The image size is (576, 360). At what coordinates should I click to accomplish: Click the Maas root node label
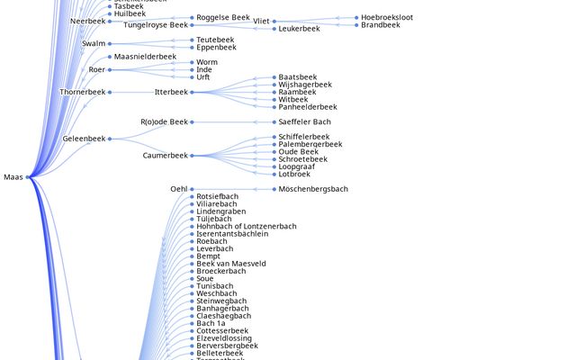(13, 177)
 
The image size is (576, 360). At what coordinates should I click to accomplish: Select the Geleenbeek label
(84, 139)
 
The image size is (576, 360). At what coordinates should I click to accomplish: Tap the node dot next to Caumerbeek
(192, 156)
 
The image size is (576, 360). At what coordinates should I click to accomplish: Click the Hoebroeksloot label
(386, 17)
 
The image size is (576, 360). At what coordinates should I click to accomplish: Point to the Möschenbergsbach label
(313, 189)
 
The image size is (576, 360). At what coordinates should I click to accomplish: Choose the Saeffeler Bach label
(304, 121)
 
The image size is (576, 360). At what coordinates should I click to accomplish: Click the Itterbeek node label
(171, 92)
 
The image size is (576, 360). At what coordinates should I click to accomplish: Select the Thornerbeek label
(83, 92)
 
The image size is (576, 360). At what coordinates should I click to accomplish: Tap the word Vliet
(261, 21)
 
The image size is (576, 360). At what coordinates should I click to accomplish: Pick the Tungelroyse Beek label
(156, 25)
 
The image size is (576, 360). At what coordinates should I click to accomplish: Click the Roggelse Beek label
(223, 17)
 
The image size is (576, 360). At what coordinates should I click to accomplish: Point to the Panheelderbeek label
(308, 107)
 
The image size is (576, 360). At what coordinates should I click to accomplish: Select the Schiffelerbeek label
(304, 137)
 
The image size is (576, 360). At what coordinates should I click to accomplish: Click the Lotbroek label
(294, 174)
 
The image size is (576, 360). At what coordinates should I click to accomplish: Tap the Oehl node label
(178, 189)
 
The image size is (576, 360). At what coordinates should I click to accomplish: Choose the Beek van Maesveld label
(231, 264)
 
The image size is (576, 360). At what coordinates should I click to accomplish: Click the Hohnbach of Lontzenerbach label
(247, 226)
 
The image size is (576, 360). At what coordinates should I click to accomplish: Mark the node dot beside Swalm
(110, 43)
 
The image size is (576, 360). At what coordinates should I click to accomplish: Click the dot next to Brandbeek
(355, 25)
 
